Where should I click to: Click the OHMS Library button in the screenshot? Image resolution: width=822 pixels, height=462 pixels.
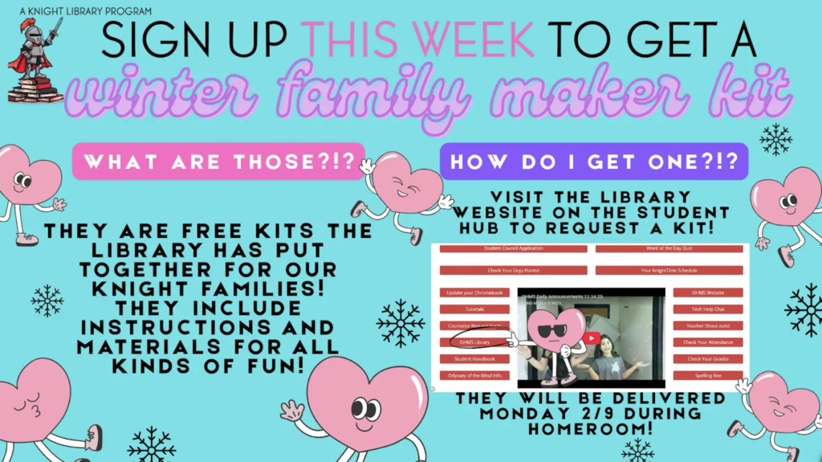pyautogui.click(x=474, y=342)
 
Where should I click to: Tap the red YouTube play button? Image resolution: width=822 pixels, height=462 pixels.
pyautogui.click(x=591, y=338)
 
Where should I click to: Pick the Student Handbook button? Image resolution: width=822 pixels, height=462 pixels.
pyautogui.click(x=474, y=358)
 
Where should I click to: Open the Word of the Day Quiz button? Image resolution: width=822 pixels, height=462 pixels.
pyautogui.click(x=669, y=249)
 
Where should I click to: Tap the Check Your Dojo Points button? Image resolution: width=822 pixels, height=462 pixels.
pyautogui.click(x=513, y=271)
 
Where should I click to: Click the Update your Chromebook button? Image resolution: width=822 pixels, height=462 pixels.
pyautogui.click(x=474, y=292)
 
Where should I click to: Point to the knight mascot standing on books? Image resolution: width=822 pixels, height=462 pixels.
pyautogui.click(x=34, y=60)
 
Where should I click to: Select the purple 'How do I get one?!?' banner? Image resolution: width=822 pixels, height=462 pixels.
pyautogui.click(x=593, y=161)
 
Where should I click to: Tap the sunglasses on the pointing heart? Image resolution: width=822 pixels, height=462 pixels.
pyautogui.click(x=553, y=331)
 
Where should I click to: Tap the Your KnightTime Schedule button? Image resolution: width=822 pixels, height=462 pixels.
pyautogui.click(x=669, y=271)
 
